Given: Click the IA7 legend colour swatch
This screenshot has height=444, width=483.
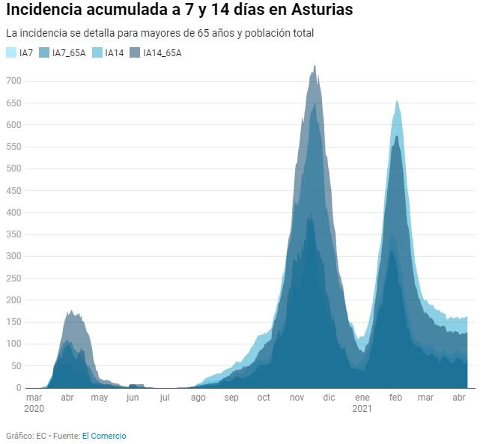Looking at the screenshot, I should click(x=11, y=52).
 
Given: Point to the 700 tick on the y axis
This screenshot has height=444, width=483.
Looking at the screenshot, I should click(x=14, y=81).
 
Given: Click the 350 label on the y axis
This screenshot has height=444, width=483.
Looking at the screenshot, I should click(x=14, y=256).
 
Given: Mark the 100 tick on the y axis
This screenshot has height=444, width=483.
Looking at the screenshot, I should click(x=14, y=344).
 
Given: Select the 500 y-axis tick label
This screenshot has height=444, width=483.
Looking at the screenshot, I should click(x=14, y=168).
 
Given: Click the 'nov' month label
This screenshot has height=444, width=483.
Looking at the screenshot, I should click(x=296, y=398).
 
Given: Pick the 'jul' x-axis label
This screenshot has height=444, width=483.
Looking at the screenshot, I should click(x=165, y=398).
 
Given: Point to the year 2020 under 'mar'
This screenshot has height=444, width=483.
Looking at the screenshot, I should click(x=34, y=409).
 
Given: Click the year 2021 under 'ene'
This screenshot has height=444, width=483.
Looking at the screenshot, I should click(x=362, y=409).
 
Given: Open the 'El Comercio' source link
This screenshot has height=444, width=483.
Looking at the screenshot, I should click(x=104, y=436).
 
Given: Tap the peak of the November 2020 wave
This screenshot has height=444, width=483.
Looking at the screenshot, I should click(x=315, y=66).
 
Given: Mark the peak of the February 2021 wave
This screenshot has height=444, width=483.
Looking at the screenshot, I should click(x=396, y=101).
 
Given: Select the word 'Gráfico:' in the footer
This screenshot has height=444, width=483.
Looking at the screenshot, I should click(x=19, y=436).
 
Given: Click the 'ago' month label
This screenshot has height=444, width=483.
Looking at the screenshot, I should click(x=198, y=398).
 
